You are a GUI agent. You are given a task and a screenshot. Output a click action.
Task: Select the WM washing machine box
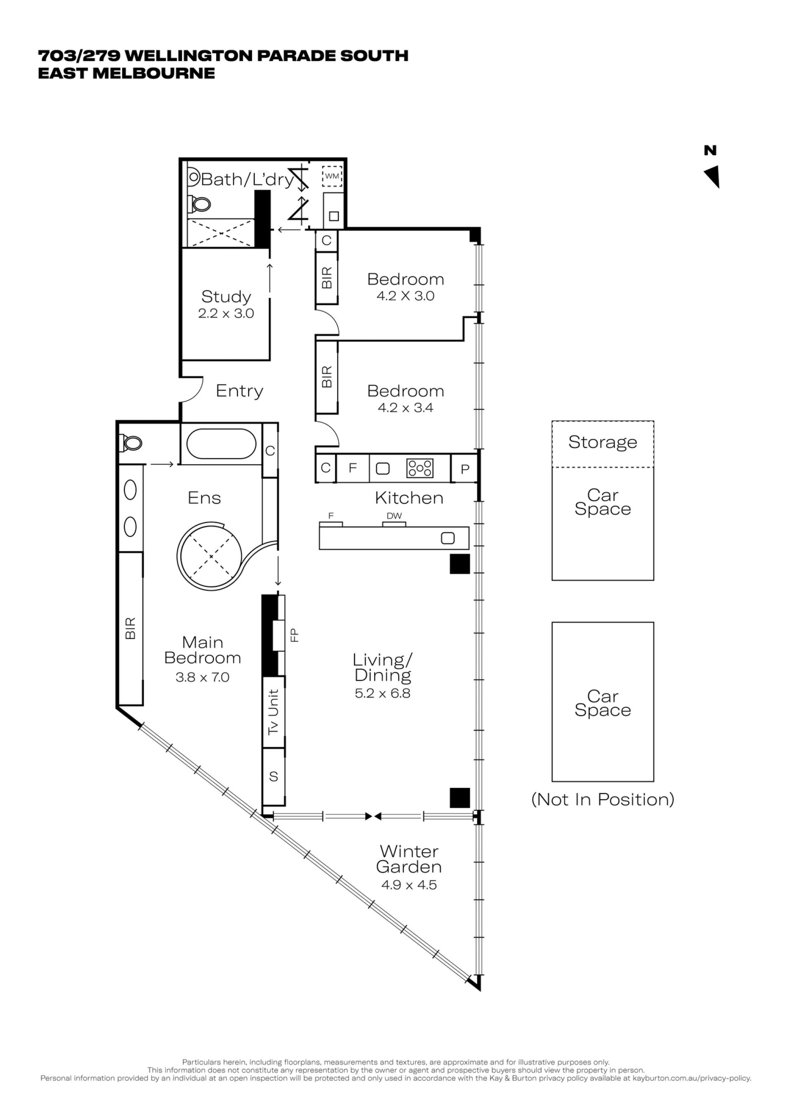332,176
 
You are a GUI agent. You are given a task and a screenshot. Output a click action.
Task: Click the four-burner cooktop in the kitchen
420,468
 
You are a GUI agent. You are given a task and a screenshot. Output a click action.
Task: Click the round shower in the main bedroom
210,556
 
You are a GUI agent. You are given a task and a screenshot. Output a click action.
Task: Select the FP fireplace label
294,635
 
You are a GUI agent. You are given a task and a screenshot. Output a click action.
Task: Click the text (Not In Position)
603,799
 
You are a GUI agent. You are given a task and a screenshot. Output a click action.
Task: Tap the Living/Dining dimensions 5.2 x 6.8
382,693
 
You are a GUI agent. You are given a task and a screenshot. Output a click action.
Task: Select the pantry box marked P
465,469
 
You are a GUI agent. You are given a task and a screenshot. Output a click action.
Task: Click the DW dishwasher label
394,516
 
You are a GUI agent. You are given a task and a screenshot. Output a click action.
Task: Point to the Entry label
239,391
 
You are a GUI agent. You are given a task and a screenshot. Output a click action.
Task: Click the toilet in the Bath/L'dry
200,203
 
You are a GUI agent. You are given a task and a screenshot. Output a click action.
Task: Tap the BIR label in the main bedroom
130,628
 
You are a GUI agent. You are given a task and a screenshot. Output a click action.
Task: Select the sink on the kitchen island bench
447,538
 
